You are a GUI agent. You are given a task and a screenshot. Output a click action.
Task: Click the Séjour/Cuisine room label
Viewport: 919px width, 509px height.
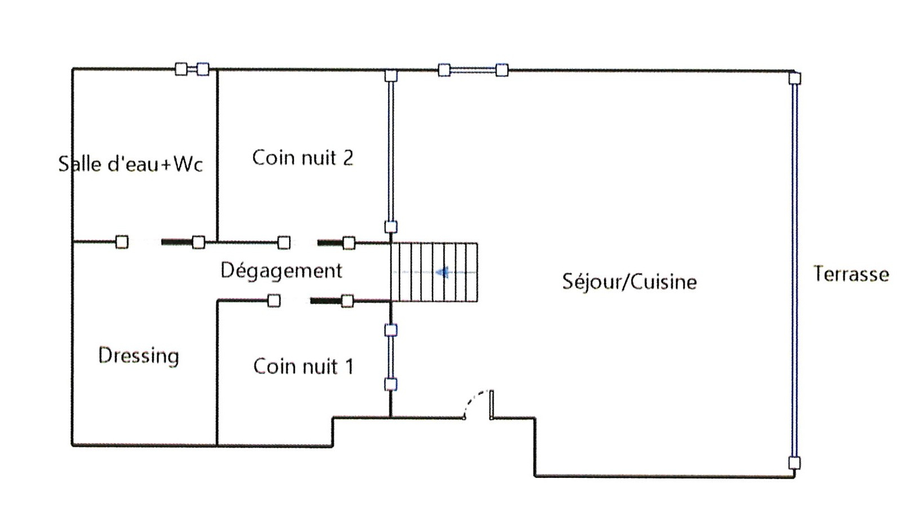(x=629, y=281)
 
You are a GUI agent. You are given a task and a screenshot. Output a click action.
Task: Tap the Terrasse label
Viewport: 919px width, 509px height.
(x=851, y=274)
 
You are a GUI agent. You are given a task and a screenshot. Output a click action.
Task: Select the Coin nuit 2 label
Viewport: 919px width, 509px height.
(x=303, y=157)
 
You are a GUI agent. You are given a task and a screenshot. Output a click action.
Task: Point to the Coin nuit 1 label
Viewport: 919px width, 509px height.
(x=303, y=366)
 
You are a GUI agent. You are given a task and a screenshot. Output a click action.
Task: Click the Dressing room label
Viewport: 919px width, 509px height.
(x=139, y=356)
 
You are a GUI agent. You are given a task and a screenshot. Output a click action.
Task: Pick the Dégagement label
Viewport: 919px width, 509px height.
(x=281, y=270)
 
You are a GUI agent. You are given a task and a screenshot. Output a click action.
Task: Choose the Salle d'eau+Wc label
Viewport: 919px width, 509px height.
(x=130, y=164)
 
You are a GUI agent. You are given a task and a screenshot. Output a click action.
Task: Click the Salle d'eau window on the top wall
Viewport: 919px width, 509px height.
(x=192, y=69)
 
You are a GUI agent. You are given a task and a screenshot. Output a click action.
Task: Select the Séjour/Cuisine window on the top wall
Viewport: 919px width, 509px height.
(x=473, y=70)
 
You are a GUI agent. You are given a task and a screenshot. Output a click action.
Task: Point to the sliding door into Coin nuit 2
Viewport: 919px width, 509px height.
(x=330, y=243)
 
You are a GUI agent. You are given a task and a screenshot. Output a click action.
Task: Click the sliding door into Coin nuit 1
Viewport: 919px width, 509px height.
(x=326, y=301)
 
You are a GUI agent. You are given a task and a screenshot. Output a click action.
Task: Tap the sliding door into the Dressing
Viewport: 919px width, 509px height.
(x=177, y=242)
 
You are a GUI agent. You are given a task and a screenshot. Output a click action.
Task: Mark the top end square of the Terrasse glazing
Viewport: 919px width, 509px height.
(x=794, y=78)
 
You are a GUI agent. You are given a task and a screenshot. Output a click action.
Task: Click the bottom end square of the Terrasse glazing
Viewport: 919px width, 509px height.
(x=794, y=463)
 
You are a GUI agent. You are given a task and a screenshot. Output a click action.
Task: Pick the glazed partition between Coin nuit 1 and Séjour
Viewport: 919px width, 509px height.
(x=390, y=357)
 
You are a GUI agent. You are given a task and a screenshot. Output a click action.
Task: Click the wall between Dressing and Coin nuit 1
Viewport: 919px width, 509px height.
(x=217, y=372)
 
